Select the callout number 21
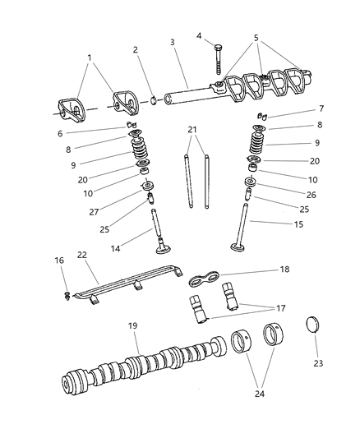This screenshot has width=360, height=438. coord(192,130)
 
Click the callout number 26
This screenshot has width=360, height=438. coord(286,194)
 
